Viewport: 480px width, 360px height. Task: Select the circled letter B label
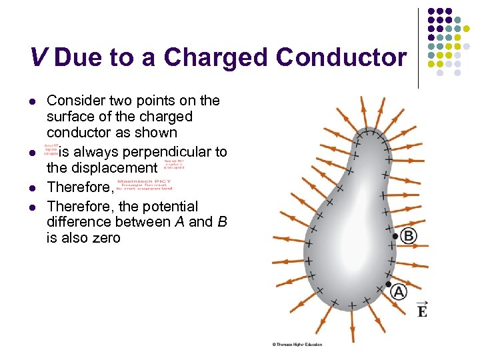click(409, 235)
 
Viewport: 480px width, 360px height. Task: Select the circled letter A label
click(399, 291)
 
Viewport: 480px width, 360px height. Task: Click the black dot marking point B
click(395, 236)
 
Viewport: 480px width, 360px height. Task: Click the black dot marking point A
click(389, 285)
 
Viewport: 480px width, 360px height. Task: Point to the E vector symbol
click(421, 309)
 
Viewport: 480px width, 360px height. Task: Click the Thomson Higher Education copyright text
click(297, 344)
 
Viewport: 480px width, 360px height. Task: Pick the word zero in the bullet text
click(104, 237)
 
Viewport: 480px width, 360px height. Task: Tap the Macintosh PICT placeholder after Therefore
click(143, 185)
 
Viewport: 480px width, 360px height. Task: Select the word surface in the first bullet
click(67, 117)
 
